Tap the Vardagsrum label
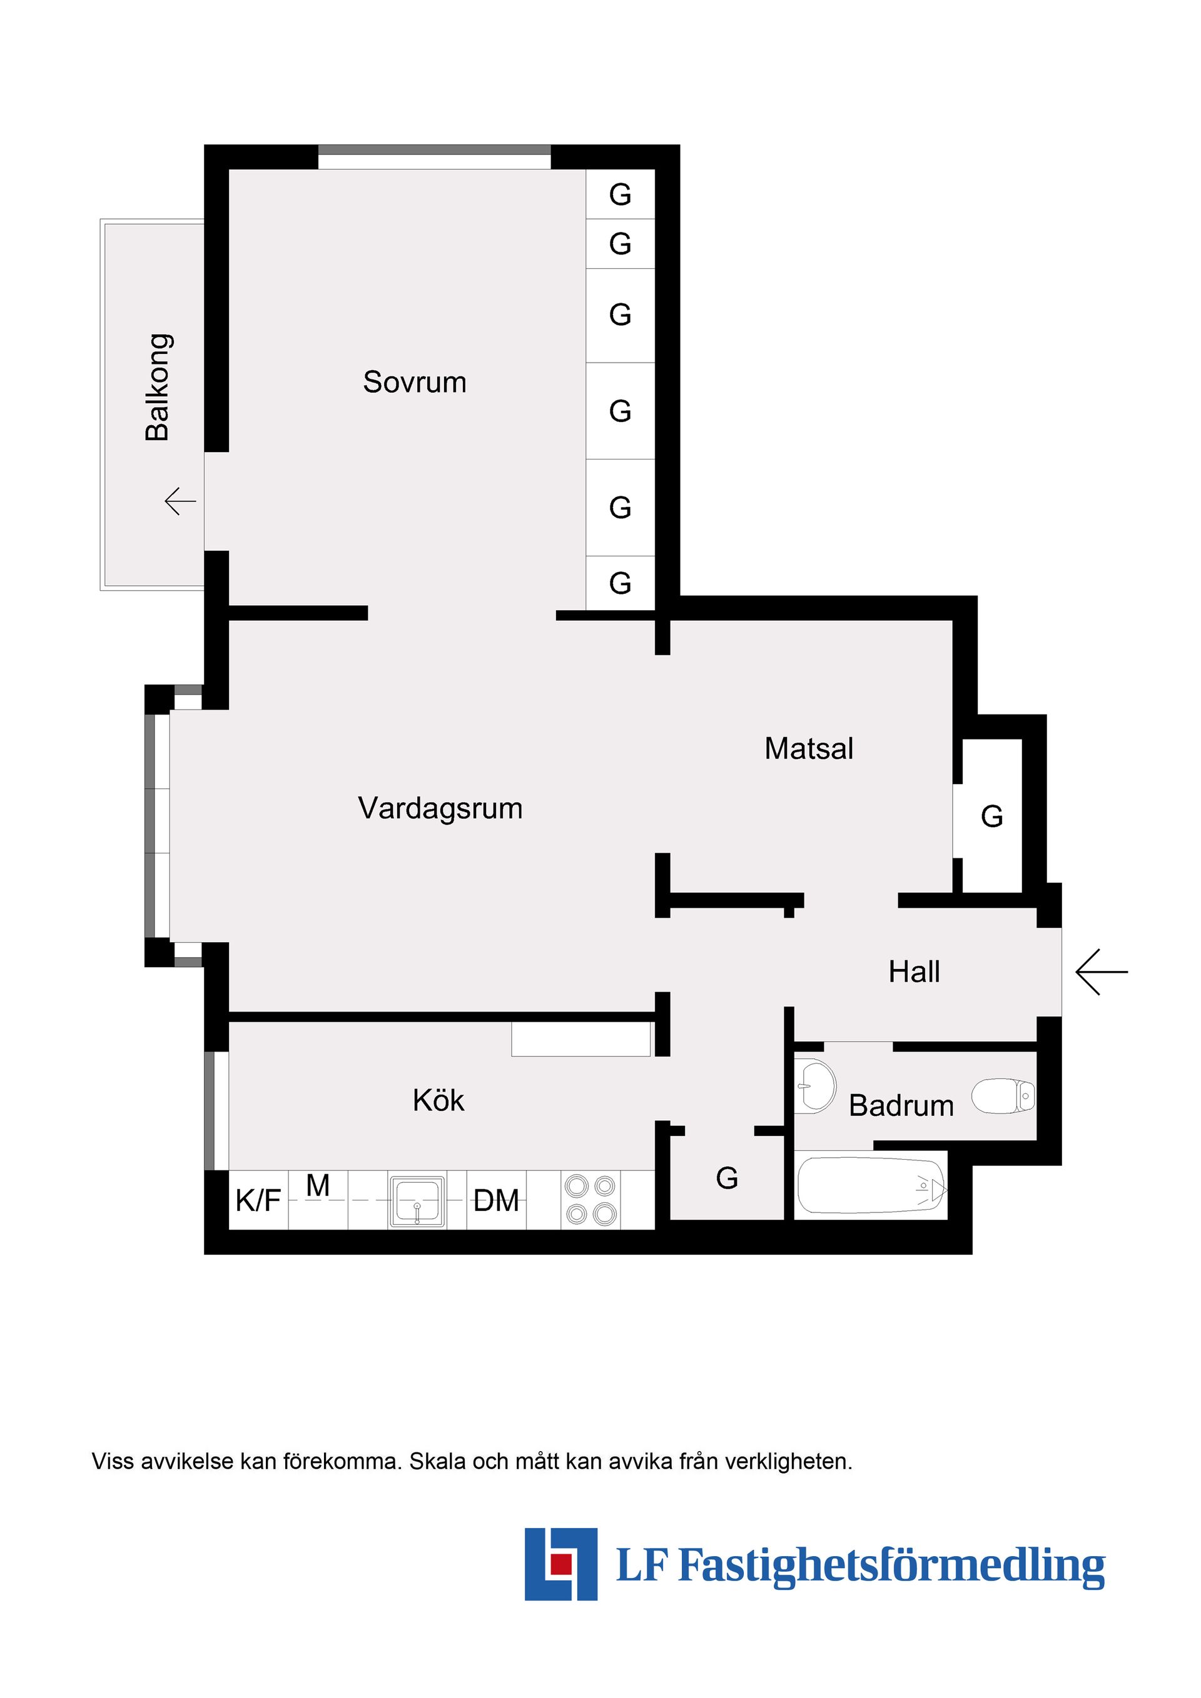(440, 808)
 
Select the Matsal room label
(809, 748)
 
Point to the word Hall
(914, 972)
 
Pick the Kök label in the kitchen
(438, 1100)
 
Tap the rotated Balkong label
(158, 388)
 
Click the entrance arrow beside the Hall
(1101, 972)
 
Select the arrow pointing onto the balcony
(180, 501)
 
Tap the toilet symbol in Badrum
(1003, 1096)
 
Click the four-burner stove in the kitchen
(590, 1200)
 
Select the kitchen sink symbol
(417, 1201)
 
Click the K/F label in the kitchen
(258, 1201)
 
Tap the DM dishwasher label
(496, 1201)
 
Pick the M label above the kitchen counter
(318, 1186)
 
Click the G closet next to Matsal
(991, 817)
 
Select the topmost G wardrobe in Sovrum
(620, 195)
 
